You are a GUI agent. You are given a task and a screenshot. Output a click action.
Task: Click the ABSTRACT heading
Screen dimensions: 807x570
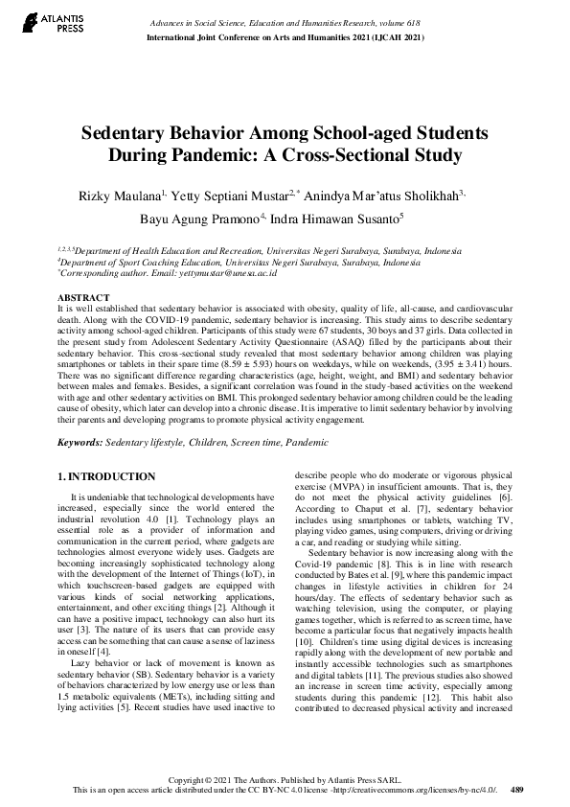coord(83,298)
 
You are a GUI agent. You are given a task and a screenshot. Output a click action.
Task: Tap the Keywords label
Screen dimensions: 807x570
coord(80,442)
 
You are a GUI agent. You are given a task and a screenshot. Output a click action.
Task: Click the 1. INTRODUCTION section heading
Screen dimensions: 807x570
coord(105,476)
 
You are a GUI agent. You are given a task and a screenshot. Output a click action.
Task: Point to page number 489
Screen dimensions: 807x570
coord(516,790)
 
